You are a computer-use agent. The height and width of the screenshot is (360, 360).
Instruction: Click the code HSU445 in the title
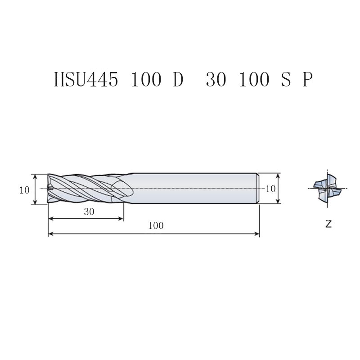(86, 79)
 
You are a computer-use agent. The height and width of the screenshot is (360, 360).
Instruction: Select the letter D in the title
(178, 79)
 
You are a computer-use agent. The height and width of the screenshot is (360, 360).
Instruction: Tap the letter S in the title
(286, 79)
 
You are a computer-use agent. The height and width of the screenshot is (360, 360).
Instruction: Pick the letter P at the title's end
(307, 79)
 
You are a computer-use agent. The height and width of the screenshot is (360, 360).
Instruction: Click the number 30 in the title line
(216, 79)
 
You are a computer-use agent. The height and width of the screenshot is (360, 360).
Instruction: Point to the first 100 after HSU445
(146, 79)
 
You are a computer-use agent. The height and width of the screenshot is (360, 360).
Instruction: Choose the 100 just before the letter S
(254, 79)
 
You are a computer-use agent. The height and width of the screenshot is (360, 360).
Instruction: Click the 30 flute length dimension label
(89, 211)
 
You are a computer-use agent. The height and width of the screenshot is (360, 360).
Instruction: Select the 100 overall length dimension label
(156, 226)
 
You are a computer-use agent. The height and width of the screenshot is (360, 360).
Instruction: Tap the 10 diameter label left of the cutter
(24, 190)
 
